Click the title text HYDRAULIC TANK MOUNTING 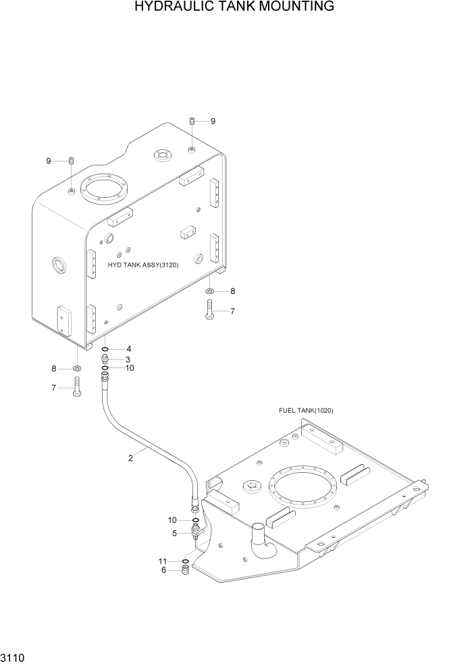click(234, 7)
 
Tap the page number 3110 click(15, 657)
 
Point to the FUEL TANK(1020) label click(306, 411)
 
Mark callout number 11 click(162, 561)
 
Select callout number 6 click(163, 571)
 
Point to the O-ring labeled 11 click(185, 561)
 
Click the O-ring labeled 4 click(105, 350)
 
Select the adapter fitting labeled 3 click(105, 359)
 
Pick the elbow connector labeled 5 click(196, 533)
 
